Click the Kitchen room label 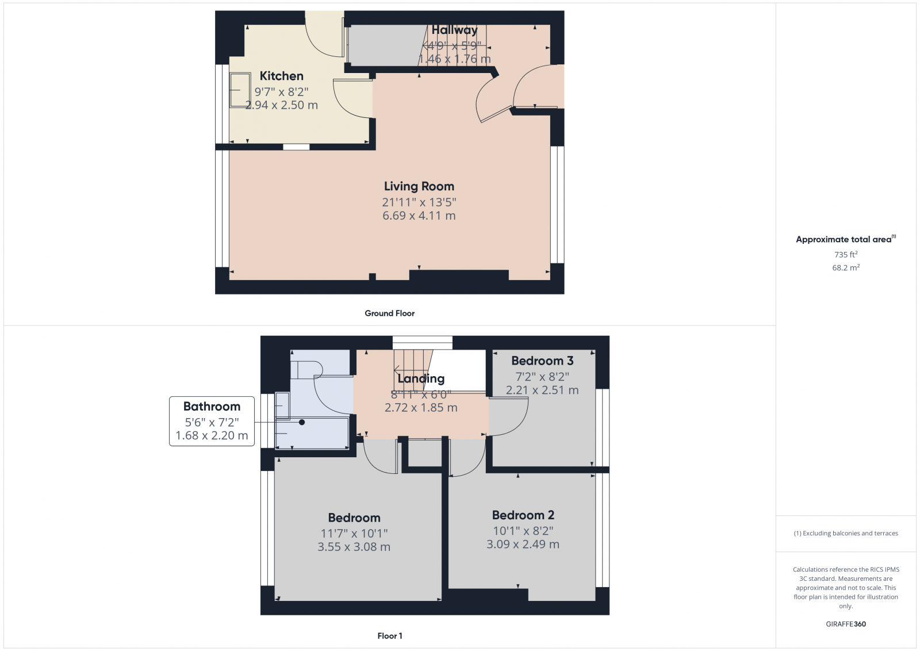point(281,76)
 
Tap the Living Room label point(419,186)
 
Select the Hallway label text point(454,30)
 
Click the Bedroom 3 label point(542,361)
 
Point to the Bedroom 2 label point(523,515)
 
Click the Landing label point(421,378)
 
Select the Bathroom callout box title point(212,407)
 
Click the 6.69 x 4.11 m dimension point(419,216)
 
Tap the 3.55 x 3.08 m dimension point(354,547)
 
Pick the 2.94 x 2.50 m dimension point(281,105)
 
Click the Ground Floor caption point(389,313)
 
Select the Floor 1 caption point(390,636)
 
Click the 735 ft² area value point(846,254)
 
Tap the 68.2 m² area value point(846,267)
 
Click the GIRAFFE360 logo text point(846,624)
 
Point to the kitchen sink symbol point(240,90)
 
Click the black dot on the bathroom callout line point(302,422)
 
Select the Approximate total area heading point(844,239)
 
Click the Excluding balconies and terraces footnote point(846,533)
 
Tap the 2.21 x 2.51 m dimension point(542,390)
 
